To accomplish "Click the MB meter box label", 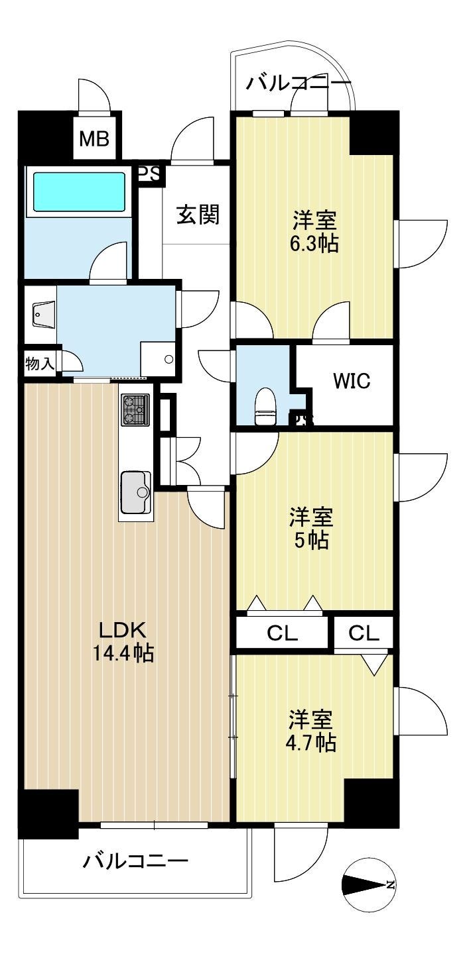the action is pyautogui.click(x=94, y=138).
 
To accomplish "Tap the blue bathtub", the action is pyautogui.click(x=80, y=191).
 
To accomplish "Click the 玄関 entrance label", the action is pyautogui.click(x=198, y=214).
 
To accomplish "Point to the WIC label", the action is pyautogui.click(x=352, y=381).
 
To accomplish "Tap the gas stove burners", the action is pyautogui.click(x=136, y=409).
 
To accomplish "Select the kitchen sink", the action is pyautogui.click(x=136, y=492).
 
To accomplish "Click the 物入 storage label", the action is pyautogui.click(x=39, y=364).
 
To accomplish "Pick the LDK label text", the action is pyautogui.click(x=123, y=630).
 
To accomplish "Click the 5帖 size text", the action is pyautogui.click(x=311, y=541).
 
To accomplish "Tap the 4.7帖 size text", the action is pyautogui.click(x=311, y=743).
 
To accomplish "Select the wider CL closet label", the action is pyautogui.click(x=282, y=633).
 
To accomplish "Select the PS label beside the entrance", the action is pyautogui.click(x=149, y=174).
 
